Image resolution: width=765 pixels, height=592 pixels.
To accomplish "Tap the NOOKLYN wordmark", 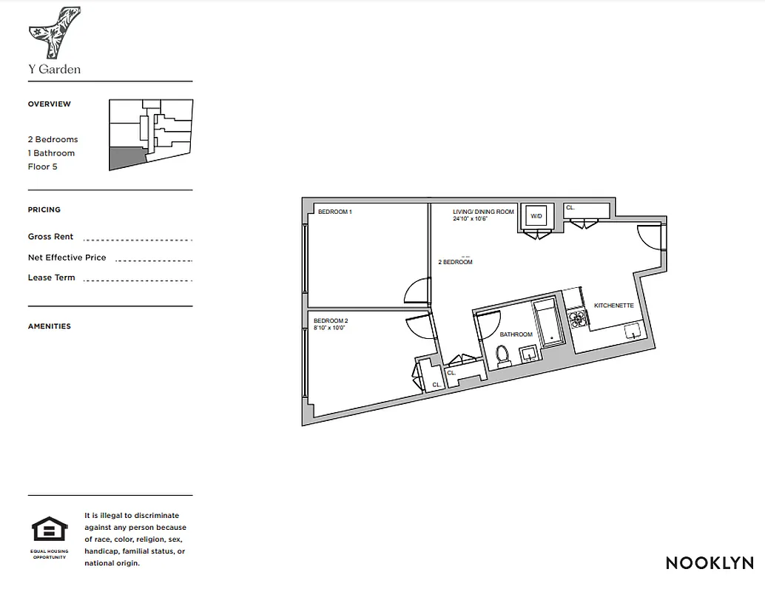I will pos(710,562).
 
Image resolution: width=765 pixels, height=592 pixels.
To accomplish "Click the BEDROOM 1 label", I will pos(334,212).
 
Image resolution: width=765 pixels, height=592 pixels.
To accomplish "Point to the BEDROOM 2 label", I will pos(331,321).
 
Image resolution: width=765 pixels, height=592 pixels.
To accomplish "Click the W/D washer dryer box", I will pos(536,216).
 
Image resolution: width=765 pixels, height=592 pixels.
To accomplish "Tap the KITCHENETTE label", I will pos(614,306).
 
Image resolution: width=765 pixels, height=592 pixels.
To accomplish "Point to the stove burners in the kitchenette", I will pos(578,319).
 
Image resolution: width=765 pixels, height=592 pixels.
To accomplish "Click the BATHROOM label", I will pos(516,334).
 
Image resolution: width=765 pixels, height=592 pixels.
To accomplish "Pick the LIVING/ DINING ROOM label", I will pos(483,212).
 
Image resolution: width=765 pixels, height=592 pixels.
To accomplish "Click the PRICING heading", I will pos(44,210).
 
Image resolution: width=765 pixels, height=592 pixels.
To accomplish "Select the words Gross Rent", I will pos(50,237).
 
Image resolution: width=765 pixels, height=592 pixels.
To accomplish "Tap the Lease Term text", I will pos(52,277).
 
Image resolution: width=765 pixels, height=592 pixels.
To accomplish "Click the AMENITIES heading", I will pos(50,326).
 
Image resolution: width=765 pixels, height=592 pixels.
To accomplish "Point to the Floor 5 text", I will pos(42,166).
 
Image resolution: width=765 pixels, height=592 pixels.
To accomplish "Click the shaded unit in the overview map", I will pos(126,157).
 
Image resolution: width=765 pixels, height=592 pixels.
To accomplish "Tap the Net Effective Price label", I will pos(67,258).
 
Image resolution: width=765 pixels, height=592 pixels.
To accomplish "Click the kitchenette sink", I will pos(633,331).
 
